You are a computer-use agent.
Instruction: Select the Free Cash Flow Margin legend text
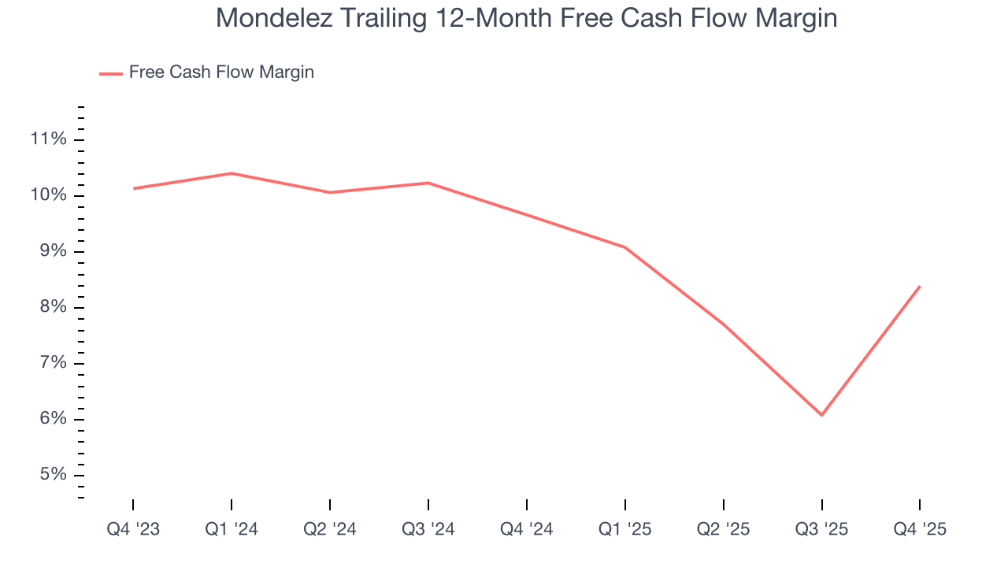point(221,72)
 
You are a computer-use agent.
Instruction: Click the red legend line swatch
point(111,73)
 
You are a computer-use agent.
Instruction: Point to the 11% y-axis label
point(48,139)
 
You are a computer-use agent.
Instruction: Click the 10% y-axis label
point(48,195)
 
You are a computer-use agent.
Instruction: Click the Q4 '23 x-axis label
point(133,529)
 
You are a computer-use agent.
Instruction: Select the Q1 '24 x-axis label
point(232,529)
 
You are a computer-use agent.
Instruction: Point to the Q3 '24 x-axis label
point(428,529)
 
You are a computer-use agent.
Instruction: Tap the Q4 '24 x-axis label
point(527,529)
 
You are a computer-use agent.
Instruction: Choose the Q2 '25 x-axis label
point(724,529)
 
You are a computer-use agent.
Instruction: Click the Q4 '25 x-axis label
point(920,529)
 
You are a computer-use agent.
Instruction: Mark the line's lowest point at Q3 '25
point(822,415)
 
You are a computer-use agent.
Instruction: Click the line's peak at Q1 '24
point(232,173)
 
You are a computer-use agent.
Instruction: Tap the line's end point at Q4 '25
point(920,287)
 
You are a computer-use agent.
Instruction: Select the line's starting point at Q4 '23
point(134,188)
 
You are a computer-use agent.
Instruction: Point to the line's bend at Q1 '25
point(625,247)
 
